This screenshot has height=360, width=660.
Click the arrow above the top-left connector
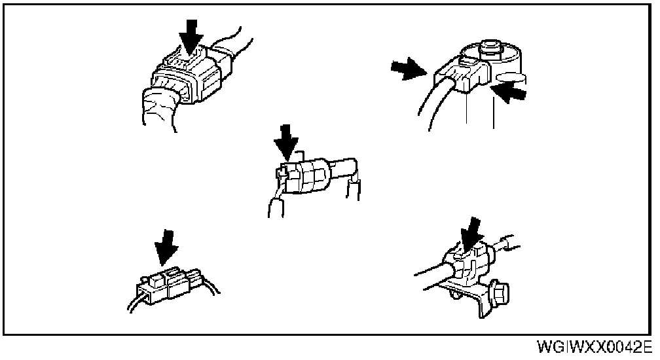pos(191,34)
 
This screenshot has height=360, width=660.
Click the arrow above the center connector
pos(286,140)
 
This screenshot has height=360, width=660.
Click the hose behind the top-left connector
pos(232,46)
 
